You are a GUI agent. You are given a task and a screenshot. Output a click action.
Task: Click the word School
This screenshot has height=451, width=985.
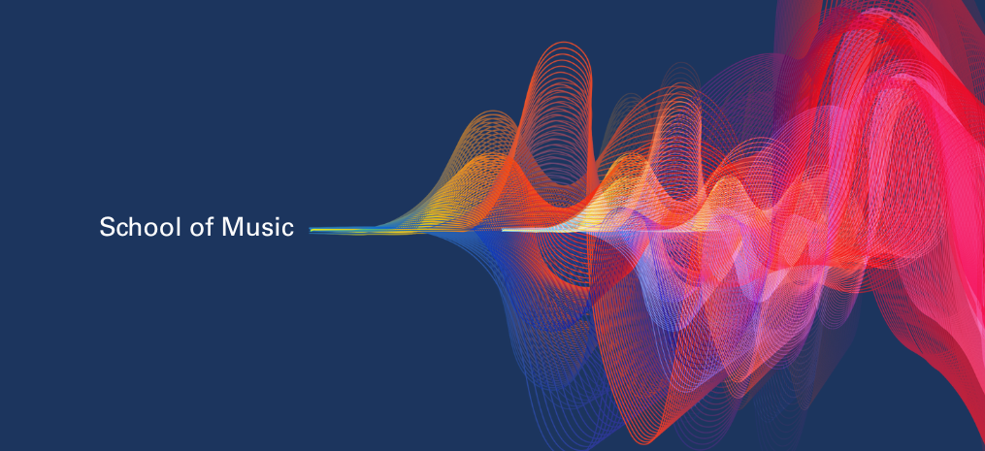(136, 227)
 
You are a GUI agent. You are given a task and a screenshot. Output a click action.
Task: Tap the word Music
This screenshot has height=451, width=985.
(257, 227)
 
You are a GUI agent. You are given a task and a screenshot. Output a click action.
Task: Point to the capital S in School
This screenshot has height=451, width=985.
(107, 227)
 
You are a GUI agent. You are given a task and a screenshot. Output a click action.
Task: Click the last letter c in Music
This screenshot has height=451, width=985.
(287, 229)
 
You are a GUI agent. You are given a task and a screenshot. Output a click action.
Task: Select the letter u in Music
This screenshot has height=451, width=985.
(251, 229)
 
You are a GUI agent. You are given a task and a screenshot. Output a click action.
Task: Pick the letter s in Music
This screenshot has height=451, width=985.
(266, 229)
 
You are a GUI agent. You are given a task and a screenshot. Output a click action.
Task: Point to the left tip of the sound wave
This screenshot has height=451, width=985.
(311, 231)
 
